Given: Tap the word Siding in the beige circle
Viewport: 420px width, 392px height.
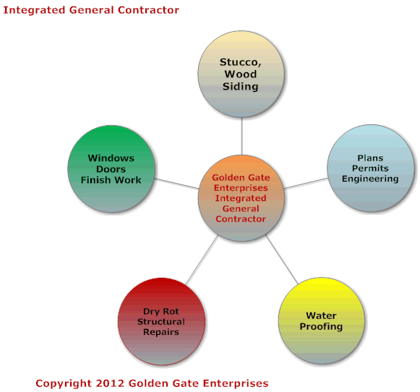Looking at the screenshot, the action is click(x=241, y=87).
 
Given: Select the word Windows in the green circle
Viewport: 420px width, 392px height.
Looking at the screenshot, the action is click(x=111, y=158).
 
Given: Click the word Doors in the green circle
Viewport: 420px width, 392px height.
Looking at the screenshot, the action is click(x=111, y=169).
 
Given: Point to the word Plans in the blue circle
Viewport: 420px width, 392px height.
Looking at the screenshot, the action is click(x=370, y=158).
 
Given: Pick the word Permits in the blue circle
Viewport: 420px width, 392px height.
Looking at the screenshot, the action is click(x=370, y=169).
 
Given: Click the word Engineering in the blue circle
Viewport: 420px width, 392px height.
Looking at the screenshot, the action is click(x=370, y=179).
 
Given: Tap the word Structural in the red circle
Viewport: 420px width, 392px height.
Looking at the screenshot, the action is click(x=161, y=322).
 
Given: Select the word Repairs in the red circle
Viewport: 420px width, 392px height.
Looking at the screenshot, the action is click(x=161, y=332).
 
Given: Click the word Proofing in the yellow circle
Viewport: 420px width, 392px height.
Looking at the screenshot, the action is click(x=321, y=327).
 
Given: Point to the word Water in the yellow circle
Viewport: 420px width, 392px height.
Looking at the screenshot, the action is click(x=321, y=315).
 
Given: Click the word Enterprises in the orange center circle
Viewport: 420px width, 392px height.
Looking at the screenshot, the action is click(x=241, y=188).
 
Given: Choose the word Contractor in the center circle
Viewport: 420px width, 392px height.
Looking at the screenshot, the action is click(x=241, y=219).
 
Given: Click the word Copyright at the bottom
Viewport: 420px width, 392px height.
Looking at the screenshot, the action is click(x=64, y=384).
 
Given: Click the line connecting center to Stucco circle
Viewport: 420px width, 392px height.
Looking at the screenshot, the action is click(x=242, y=137).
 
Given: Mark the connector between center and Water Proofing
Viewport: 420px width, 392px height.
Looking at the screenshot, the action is click(x=281, y=259).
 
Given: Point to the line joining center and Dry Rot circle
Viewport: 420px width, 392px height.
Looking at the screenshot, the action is click(x=202, y=260).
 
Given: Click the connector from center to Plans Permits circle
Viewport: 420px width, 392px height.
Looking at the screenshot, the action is click(x=306, y=183).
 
